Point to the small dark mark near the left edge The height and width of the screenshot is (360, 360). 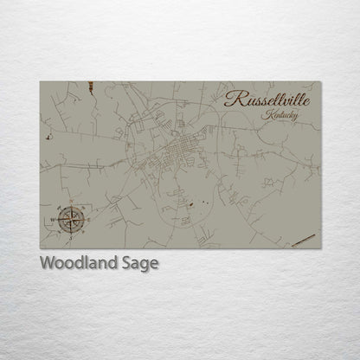(x=49, y=136)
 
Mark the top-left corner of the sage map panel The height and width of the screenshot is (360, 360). (x=40, y=81)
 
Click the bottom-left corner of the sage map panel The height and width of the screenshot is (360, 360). (x=40, y=248)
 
